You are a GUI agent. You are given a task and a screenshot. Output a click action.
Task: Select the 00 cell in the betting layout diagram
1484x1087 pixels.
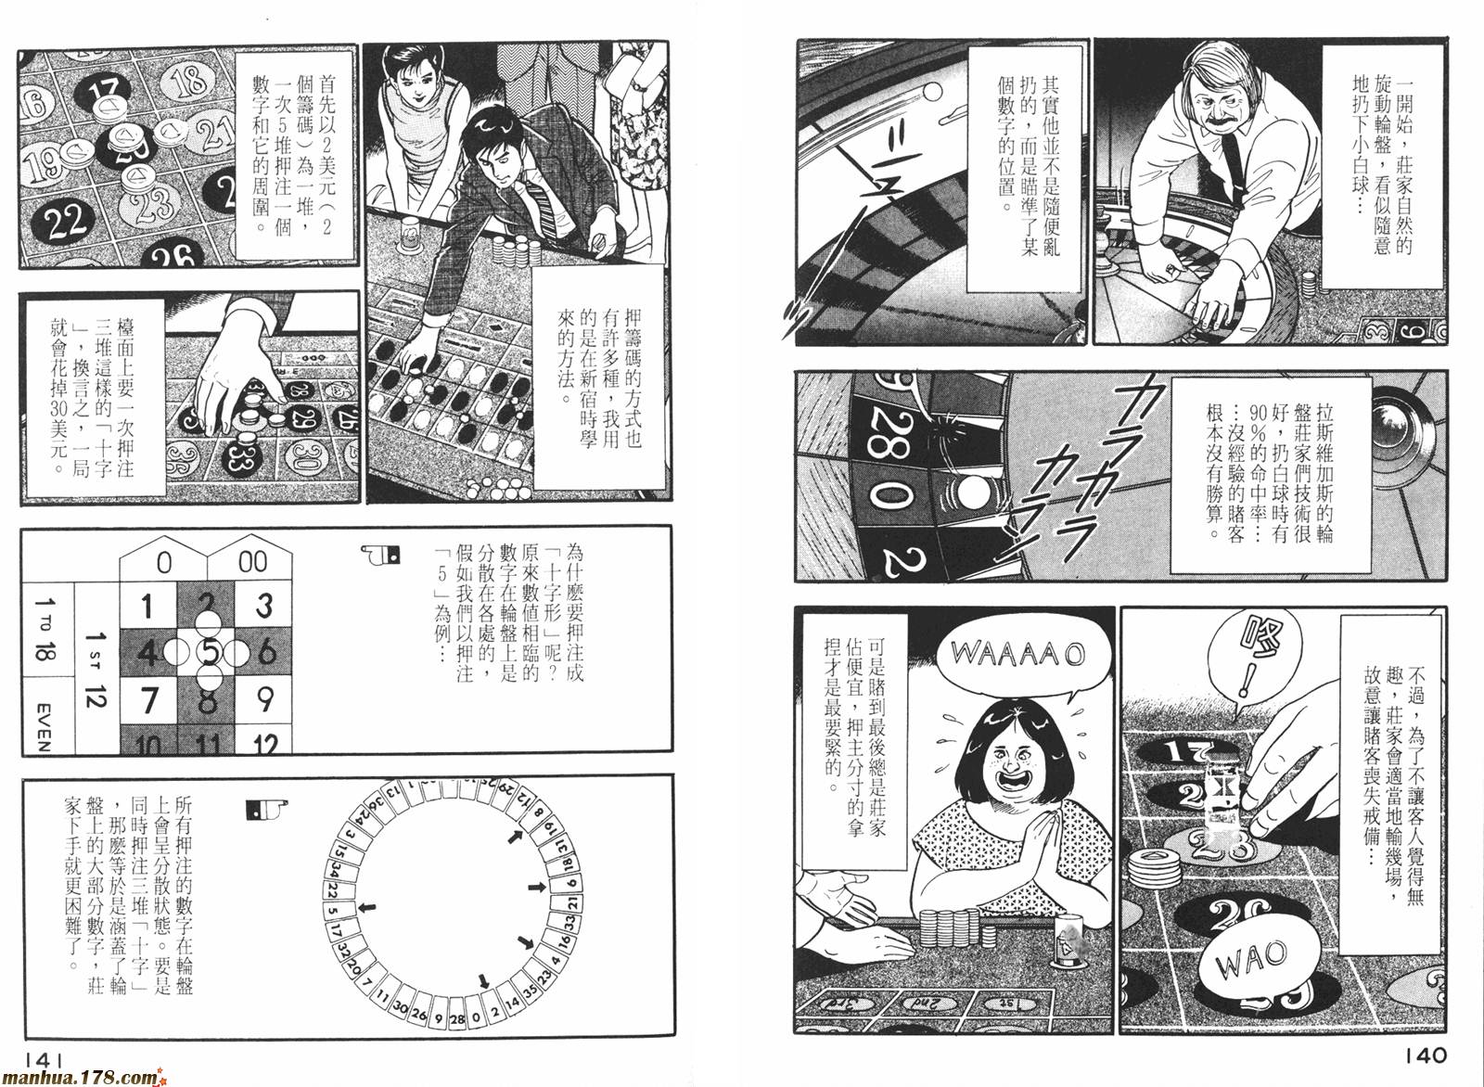pyautogui.click(x=251, y=560)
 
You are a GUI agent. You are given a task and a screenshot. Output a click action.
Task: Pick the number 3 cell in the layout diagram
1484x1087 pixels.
pyautogui.click(x=263, y=606)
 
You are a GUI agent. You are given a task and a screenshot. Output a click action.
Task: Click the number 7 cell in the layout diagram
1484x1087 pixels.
pyautogui.click(x=148, y=700)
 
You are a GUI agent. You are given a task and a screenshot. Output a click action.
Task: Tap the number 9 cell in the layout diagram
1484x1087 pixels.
pyautogui.click(x=263, y=700)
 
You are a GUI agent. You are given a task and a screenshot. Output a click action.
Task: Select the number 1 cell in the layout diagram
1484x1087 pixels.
pyautogui.click(x=148, y=606)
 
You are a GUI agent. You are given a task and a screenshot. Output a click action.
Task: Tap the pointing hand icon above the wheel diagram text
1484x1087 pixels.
pyautogui.click(x=266, y=809)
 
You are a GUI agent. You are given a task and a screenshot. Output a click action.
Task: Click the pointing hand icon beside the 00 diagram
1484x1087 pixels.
pyautogui.click(x=380, y=554)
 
